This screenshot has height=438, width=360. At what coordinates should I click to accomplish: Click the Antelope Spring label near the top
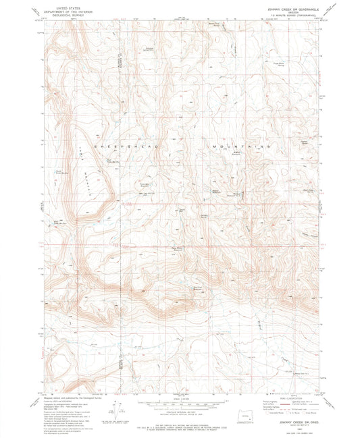click(150, 49)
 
